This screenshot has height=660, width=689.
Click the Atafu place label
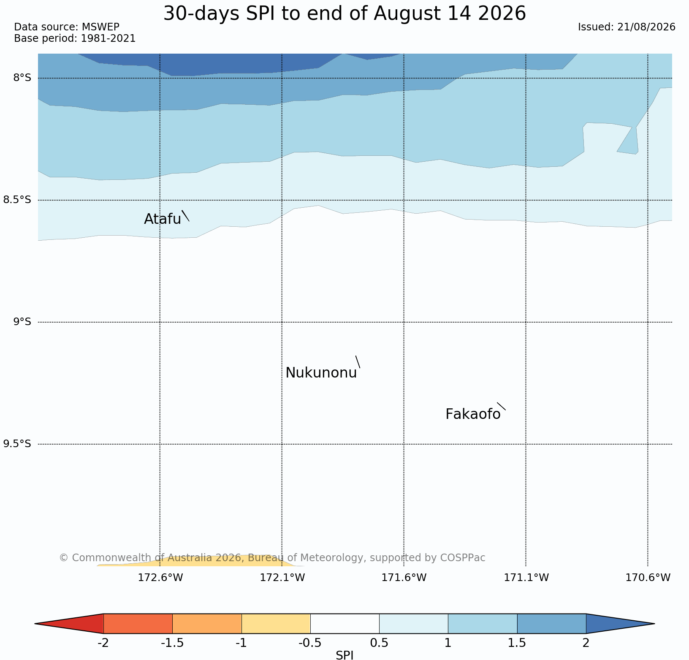pyautogui.click(x=163, y=219)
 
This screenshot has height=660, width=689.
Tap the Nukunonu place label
pyautogui.click(x=321, y=373)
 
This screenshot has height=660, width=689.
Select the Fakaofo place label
pyautogui.click(x=473, y=414)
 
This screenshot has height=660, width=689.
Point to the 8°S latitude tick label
pyautogui.click(x=22, y=78)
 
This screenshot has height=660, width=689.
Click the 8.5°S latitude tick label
pyautogui.click(x=17, y=200)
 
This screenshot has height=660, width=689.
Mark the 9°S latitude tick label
pyautogui.click(x=22, y=322)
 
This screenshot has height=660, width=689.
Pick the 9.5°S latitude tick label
pyautogui.click(x=17, y=444)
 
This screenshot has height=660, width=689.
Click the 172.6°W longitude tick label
pyautogui.click(x=160, y=577)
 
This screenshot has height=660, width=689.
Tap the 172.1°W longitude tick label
pyautogui.click(x=282, y=577)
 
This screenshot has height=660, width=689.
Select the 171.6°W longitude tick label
pyautogui.click(x=404, y=577)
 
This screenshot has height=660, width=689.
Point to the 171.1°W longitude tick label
pyautogui.click(x=526, y=577)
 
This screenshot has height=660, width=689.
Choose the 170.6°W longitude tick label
pyautogui.click(x=648, y=577)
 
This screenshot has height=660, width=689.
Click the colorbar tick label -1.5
pyautogui.click(x=172, y=643)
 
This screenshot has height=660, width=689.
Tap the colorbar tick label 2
pyautogui.click(x=586, y=643)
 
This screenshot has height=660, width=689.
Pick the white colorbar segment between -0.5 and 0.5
pyautogui.click(x=344, y=624)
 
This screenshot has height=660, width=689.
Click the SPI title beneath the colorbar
pyautogui.click(x=344, y=655)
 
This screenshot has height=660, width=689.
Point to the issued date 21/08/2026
pyautogui.click(x=646, y=27)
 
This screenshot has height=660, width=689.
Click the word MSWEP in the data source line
pyautogui.click(x=100, y=27)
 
